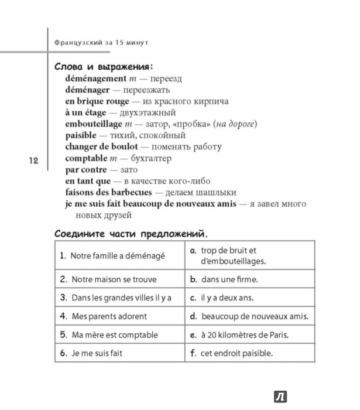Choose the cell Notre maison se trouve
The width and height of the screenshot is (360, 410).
(109, 279)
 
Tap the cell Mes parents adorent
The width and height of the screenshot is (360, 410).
(104, 316)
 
